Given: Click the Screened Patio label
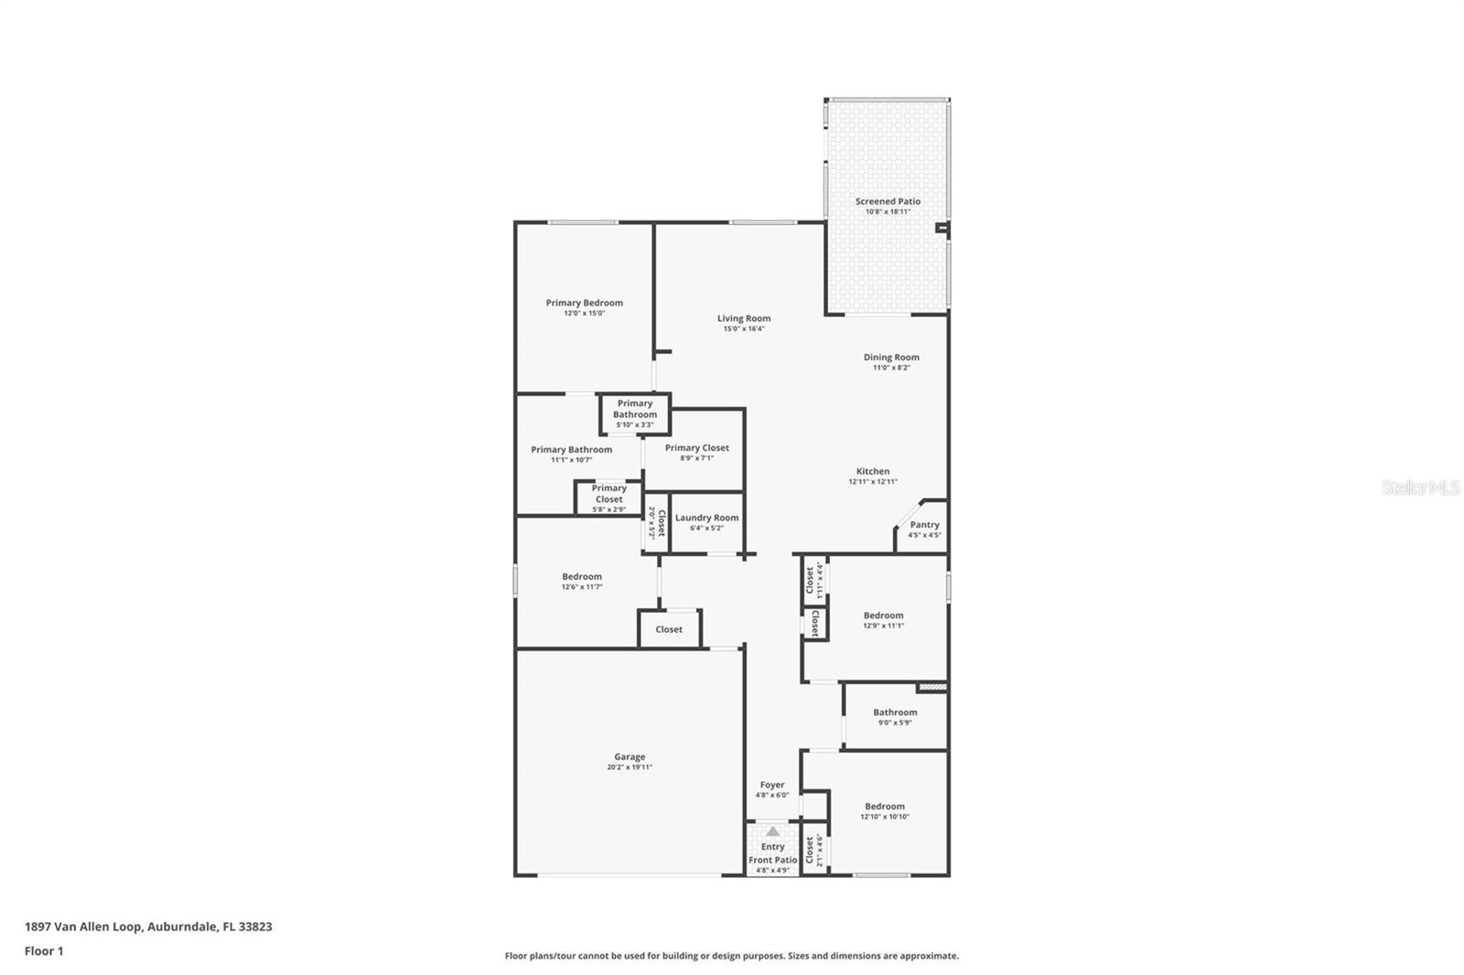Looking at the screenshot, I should click(888, 201).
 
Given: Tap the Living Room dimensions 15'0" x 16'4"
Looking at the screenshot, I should click(743, 329).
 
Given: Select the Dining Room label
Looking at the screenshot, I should click(891, 358).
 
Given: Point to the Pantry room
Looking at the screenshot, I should click(924, 530).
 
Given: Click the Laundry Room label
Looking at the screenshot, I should click(706, 518).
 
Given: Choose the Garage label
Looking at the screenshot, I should click(630, 757).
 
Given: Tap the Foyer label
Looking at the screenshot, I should click(772, 785).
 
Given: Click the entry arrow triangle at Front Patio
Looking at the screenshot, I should click(773, 831).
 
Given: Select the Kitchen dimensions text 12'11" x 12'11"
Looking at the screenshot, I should click(873, 482).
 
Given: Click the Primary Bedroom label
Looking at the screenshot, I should click(584, 303).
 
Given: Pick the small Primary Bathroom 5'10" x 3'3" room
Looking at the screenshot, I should click(635, 413).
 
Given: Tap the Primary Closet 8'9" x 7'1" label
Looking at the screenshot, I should click(696, 448).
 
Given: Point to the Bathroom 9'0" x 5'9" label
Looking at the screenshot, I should click(895, 712).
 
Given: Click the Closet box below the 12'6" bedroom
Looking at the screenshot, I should click(669, 629).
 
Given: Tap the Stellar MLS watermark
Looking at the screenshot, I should click(1420, 488).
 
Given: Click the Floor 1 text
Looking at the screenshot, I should click(44, 951).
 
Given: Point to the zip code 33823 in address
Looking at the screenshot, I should click(255, 927).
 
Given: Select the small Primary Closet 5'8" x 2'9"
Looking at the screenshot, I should click(608, 498).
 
